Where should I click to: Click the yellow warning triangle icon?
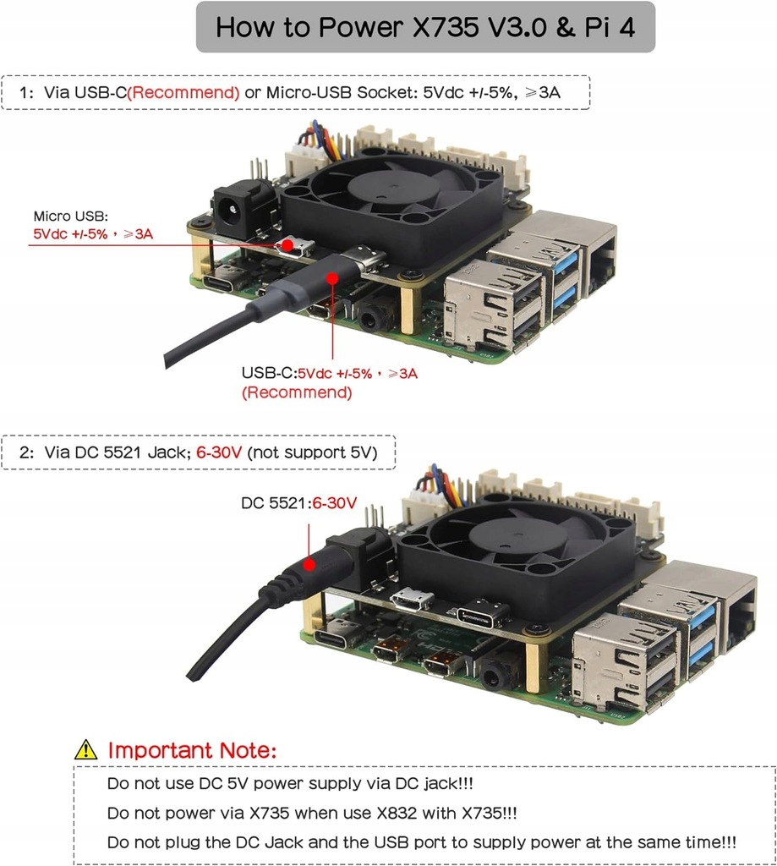[x=86, y=749]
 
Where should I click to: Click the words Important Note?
[x=192, y=750]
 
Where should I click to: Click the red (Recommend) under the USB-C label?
[x=297, y=392]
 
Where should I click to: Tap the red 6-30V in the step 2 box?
[x=219, y=453]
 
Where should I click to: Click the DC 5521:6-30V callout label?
[x=298, y=504]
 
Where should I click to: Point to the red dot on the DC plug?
[x=311, y=563]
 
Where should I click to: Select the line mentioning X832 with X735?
[x=312, y=813]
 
